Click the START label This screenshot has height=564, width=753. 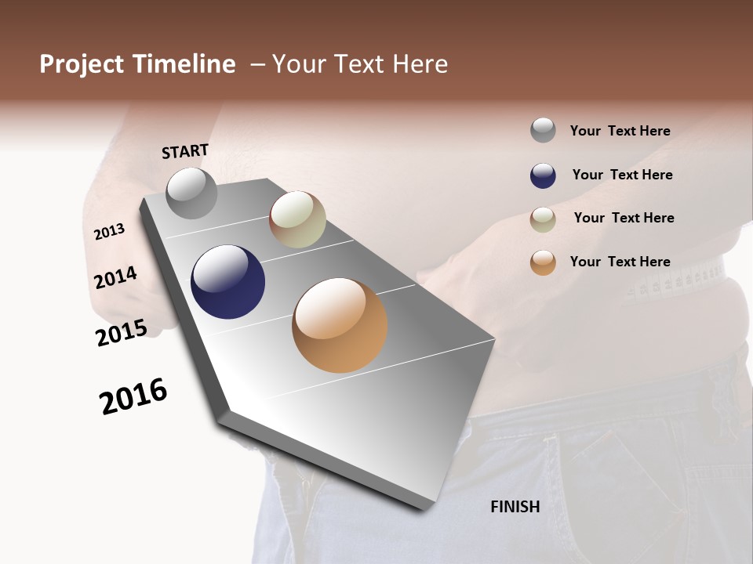185,151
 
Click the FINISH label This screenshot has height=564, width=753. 515,507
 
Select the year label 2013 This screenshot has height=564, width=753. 109,232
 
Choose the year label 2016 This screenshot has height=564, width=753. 133,396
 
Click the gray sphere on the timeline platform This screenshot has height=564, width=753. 191,193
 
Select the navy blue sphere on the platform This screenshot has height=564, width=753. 227,282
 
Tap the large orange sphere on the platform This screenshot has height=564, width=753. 340,325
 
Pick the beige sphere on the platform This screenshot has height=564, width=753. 297,219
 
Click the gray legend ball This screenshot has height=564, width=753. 543,131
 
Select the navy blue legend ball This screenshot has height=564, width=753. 543,175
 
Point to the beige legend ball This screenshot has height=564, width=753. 543,219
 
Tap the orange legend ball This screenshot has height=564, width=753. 543,262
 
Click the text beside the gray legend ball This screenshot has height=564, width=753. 620,131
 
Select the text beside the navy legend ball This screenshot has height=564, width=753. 622,175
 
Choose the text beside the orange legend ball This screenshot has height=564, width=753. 620,262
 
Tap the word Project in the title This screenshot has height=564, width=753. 82,64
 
